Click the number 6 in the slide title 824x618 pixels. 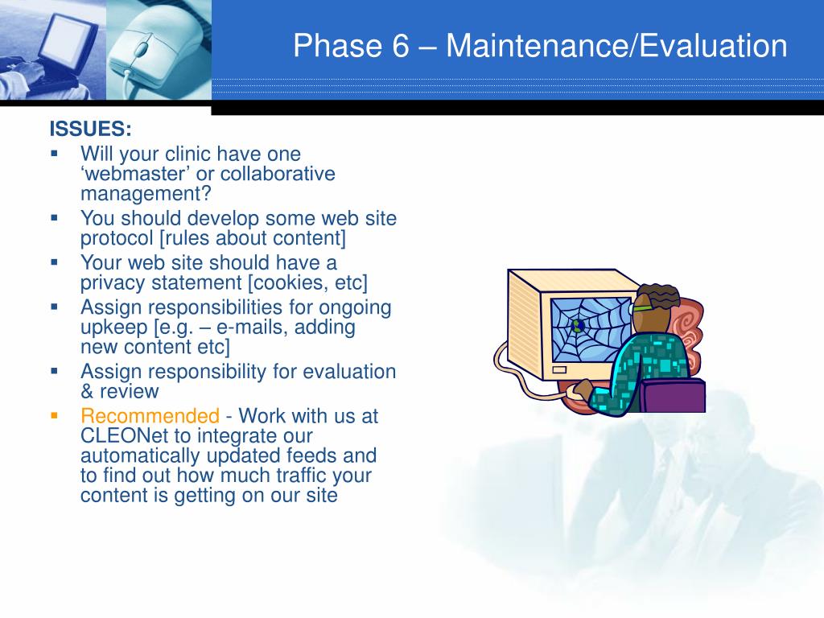(401, 46)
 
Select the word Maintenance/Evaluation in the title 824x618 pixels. (616, 46)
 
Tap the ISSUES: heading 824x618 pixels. (90, 129)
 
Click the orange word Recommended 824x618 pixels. (150, 416)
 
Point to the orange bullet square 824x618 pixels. (54, 416)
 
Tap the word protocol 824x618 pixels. (117, 238)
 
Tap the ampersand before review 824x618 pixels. (87, 392)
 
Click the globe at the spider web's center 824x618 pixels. (578, 326)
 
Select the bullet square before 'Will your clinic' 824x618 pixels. (54, 154)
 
